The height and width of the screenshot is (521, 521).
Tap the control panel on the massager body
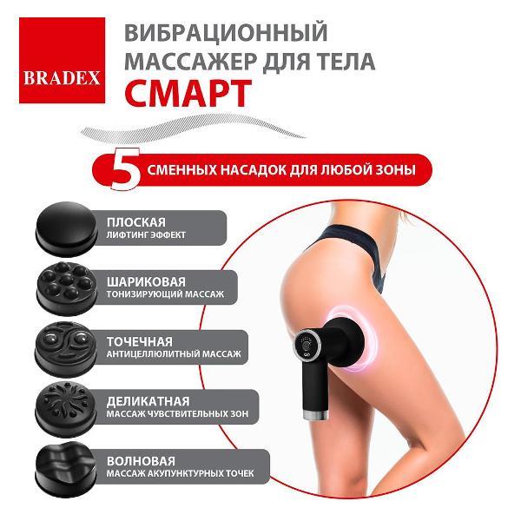(309, 347)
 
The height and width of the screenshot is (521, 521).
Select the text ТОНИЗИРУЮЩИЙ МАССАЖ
(165, 295)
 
